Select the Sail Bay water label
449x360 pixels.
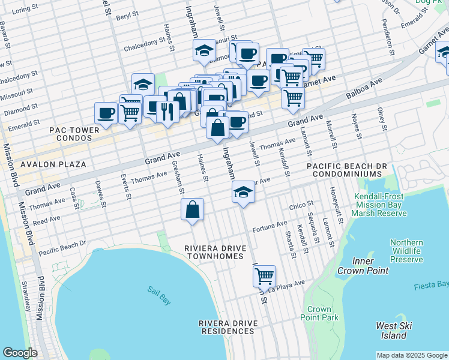click(159, 295)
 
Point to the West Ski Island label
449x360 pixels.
click(394, 330)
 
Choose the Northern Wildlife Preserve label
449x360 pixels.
click(406, 251)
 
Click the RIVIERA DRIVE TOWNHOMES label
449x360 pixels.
click(214, 252)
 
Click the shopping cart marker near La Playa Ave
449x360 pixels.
click(264, 277)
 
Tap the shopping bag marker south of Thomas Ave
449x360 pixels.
click(193, 210)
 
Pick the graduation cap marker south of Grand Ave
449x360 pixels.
click(244, 193)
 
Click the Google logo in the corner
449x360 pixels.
click(20, 353)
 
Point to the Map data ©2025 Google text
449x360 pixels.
click(412, 355)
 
